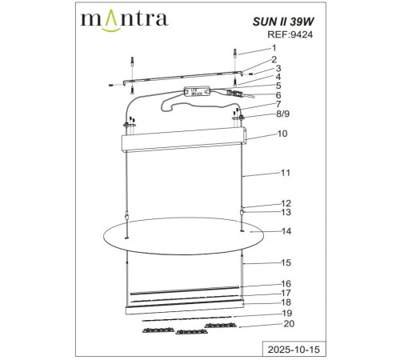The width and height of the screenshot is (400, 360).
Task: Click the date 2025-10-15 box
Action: point(286,349)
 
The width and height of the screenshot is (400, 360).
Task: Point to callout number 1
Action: point(272,48)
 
